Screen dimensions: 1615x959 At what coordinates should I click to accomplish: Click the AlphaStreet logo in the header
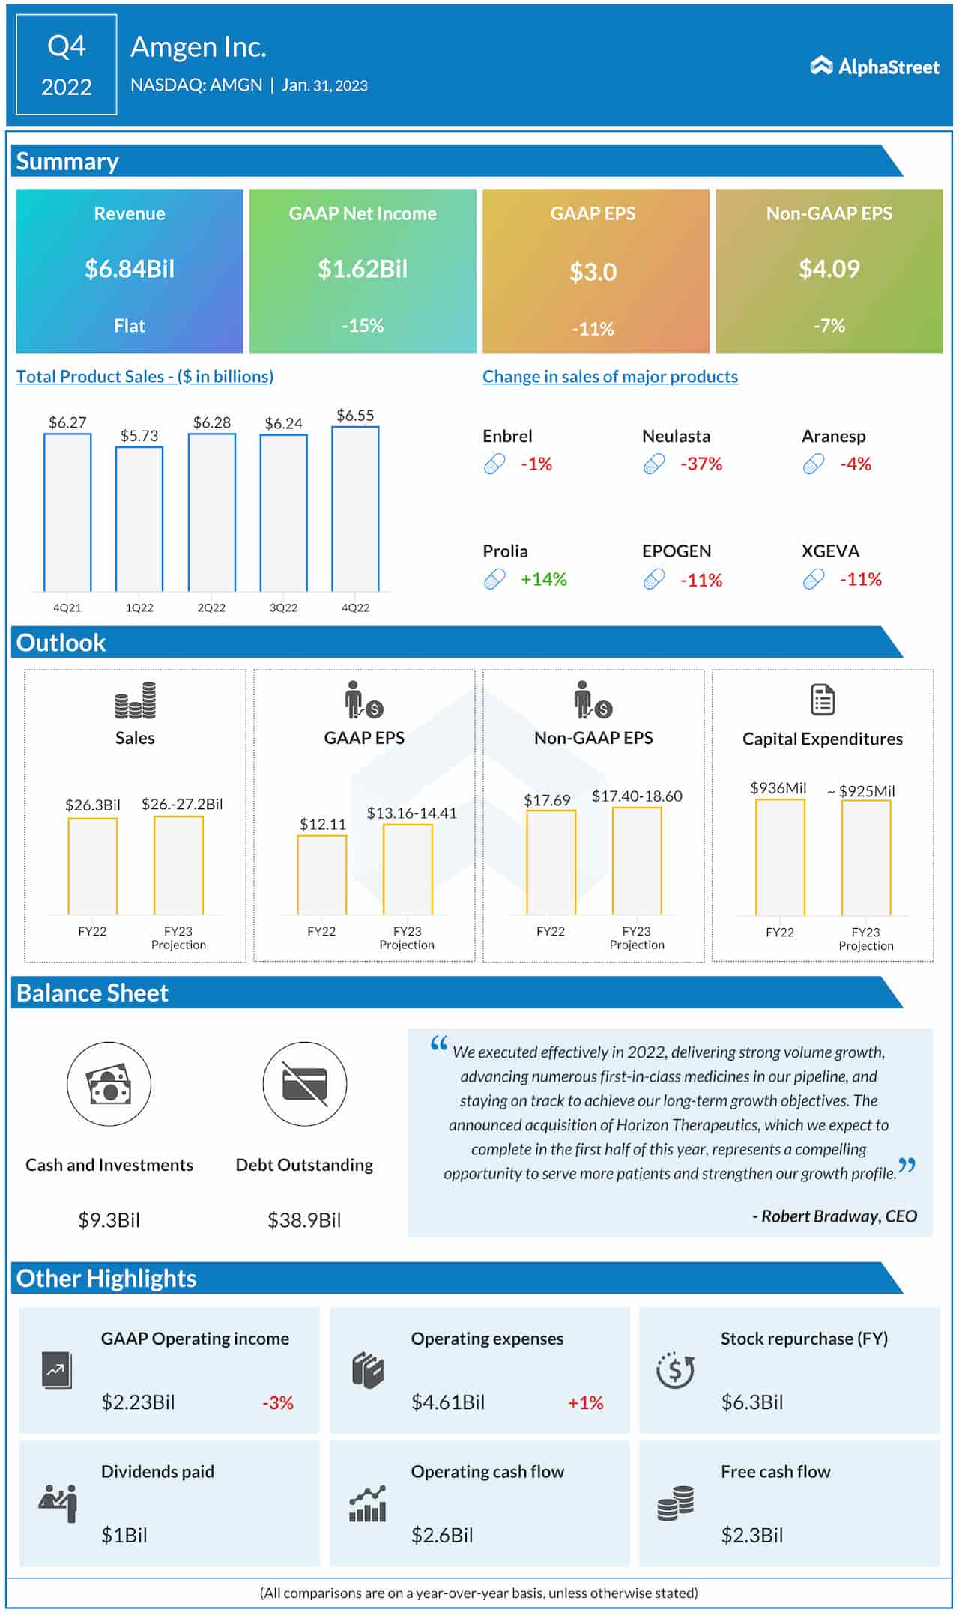874,67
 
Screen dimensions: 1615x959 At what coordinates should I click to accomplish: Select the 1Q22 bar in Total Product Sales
139,518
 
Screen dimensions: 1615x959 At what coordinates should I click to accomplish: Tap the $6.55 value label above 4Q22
355,415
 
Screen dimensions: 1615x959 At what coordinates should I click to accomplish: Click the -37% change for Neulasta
701,464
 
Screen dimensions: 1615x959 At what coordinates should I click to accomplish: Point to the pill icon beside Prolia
494,579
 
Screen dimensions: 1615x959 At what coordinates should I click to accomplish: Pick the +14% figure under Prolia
544,579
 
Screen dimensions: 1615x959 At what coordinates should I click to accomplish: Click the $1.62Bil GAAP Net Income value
363,269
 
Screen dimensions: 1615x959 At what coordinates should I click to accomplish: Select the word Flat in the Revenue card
130,326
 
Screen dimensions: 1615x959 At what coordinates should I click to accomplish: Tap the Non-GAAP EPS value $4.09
829,269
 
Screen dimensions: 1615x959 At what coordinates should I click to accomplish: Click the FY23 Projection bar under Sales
178,865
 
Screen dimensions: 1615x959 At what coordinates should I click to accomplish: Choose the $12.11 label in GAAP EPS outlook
323,824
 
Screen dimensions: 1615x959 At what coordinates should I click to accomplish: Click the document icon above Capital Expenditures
823,700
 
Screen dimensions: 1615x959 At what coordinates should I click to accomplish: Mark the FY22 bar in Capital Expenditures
780,857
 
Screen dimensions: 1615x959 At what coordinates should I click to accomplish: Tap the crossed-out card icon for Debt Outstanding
305,1084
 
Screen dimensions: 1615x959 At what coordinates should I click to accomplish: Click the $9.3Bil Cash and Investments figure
109,1220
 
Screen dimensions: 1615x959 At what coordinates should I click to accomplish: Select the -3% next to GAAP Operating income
278,1402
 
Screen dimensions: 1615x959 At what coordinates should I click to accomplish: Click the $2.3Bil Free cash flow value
751,1536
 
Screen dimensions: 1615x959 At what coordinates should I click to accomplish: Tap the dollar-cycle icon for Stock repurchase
675,1370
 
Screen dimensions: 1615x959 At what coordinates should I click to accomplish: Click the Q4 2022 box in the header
67,65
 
